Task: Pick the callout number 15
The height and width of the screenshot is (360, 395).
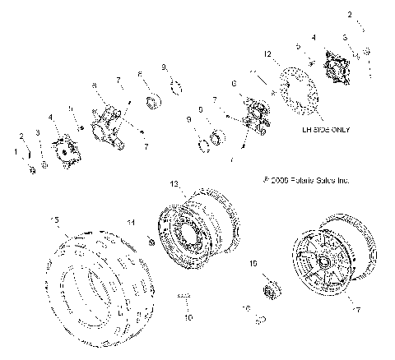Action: (55, 219)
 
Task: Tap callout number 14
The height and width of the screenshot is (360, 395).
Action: (130, 222)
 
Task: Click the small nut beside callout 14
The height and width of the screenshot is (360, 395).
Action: (151, 240)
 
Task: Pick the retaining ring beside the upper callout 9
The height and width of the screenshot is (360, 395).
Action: (176, 85)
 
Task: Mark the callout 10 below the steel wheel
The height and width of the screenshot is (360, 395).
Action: (188, 316)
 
